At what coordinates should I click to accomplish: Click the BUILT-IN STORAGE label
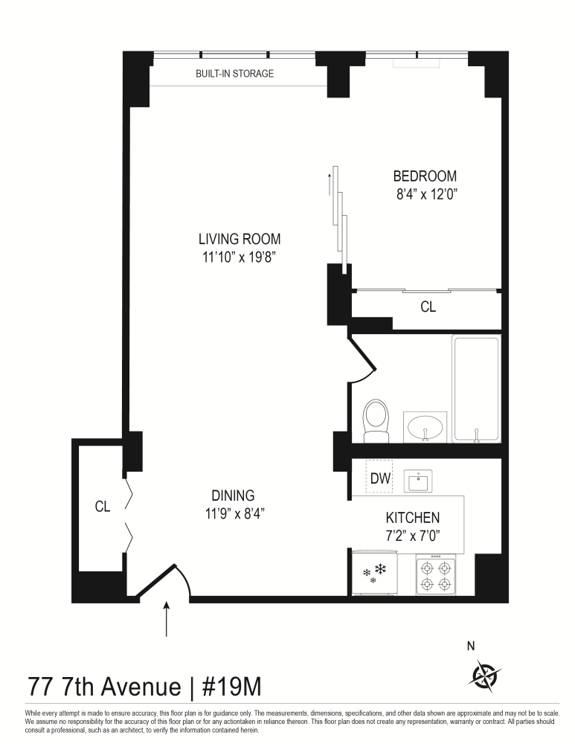[x=235, y=74]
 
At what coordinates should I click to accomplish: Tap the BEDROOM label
[x=424, y=176]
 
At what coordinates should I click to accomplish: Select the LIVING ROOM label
[x=239, y=239]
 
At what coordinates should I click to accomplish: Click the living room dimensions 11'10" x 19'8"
[x=239, y=257]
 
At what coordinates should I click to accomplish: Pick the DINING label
[x=233, y=495]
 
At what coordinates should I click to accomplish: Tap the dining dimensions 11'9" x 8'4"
[x=233, y=513]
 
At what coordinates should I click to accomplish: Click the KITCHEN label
[x=412, y=518]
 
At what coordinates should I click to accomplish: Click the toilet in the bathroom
[x=376, y=420]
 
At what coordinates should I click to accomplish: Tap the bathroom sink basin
[x=425, y=428]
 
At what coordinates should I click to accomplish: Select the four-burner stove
[x=436, y=576]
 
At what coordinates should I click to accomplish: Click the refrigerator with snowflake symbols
[x=375, y=574]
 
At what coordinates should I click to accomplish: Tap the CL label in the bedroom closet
[x=428, y=306]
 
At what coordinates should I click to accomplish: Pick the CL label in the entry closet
[x=103, y=507]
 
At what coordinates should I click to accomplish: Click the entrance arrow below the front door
[x=166, y=619]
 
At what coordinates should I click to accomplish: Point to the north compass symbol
[x=486, y=673]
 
